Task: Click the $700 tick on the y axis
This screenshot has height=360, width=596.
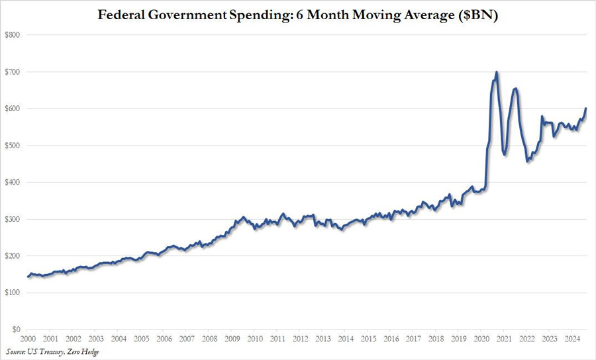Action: click(x=13, y=71)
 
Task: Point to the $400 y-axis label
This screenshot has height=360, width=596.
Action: click(x=13, y=182)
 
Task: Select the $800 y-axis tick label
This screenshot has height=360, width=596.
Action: click(x=13, y=34)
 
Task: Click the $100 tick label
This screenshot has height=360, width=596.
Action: click(x=13, y=292)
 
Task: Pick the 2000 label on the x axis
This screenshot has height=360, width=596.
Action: click(x=28, y=338)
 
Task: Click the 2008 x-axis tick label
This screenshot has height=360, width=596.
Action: click(x=209, y=338)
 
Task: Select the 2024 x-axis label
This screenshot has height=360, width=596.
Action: click(x=572, y=338)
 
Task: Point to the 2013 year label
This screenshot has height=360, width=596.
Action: click(x=323, y=338)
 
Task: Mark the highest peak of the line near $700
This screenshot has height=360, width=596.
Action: click(x=497, y=72)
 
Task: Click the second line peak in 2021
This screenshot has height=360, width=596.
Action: click(x=516, y=88)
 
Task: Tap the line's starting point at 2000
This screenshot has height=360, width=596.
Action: click(x=28, y=277)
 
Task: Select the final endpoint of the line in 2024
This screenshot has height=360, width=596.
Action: click(x=586, y=109)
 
